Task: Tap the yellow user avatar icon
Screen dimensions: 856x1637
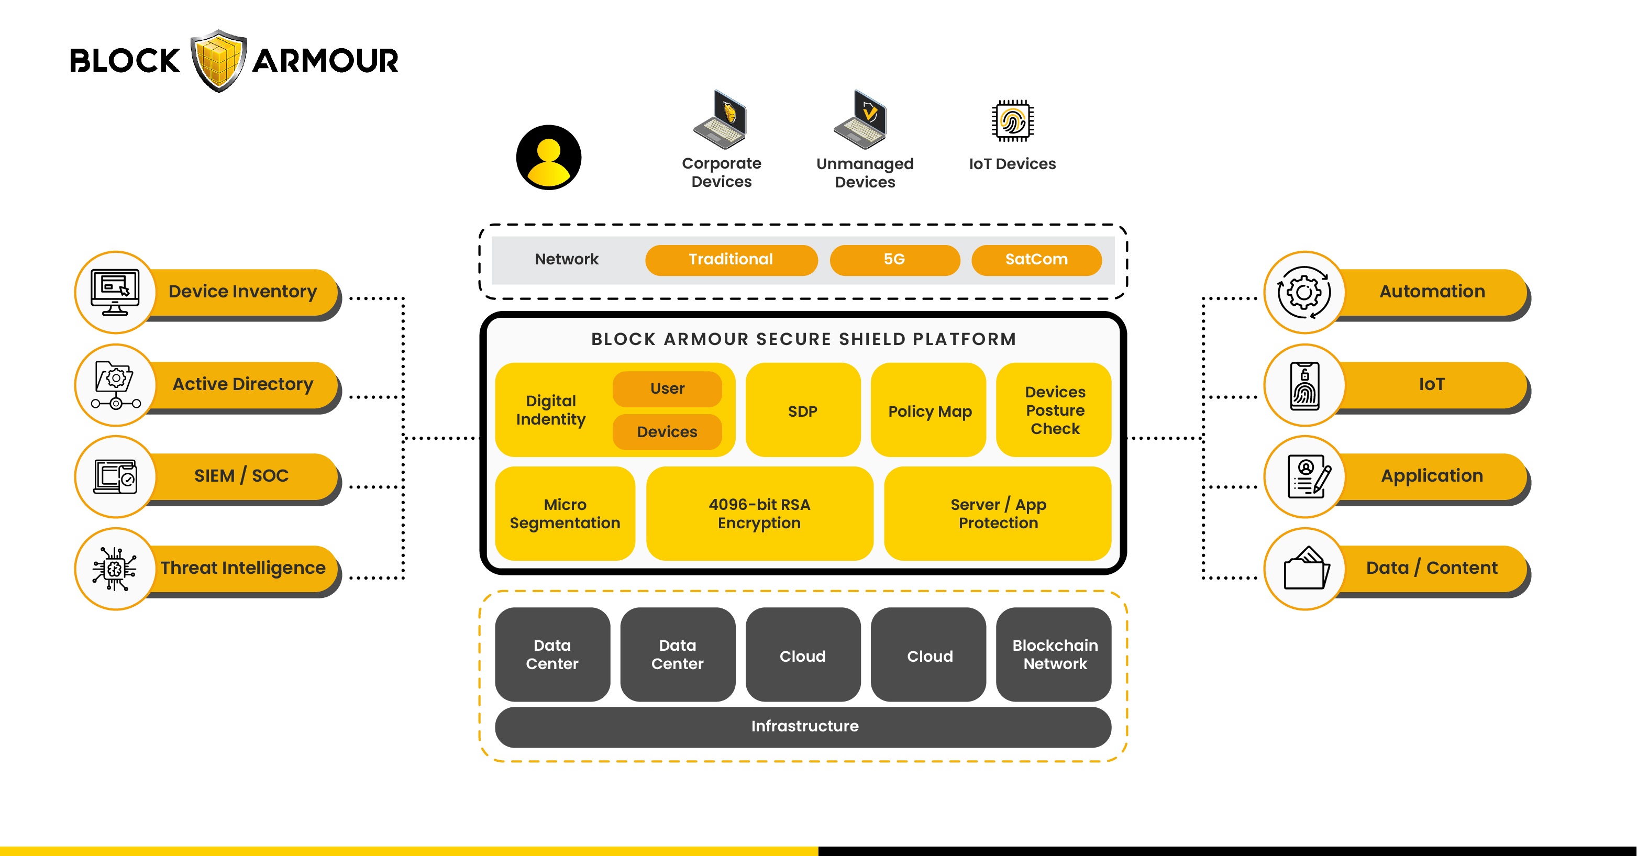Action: click(x=548, y=158)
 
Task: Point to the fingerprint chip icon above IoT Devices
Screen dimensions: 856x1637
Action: click(x=1012, y=121)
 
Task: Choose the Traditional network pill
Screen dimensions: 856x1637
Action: click(x=731, y=260)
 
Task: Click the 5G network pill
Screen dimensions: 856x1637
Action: click(x=894, y=260)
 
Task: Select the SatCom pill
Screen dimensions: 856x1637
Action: click(x=1036, y=260)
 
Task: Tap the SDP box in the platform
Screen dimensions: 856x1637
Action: click(x=803, y=410)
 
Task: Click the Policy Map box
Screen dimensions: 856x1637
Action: click(x=928, y=410)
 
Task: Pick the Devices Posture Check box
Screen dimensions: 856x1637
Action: click(x=1054, y=410)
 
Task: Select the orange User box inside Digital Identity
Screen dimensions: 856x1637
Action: click(x=667, y=389)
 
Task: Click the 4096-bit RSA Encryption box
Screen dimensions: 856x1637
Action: click(x=759, y=514)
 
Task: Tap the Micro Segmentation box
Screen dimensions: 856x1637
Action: click(x=565, y=514)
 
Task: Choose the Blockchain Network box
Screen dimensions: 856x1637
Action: click(x=1054, y=654)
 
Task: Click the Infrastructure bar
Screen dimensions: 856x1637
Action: click(x=803, y=726)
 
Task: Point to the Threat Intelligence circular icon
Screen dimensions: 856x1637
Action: click(x=115, y=569)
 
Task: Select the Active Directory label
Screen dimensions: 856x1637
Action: click(x=243, y=384)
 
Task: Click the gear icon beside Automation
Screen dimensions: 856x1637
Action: click(x=1304, y=292)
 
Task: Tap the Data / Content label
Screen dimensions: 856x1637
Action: click(x=1431, y=568)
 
